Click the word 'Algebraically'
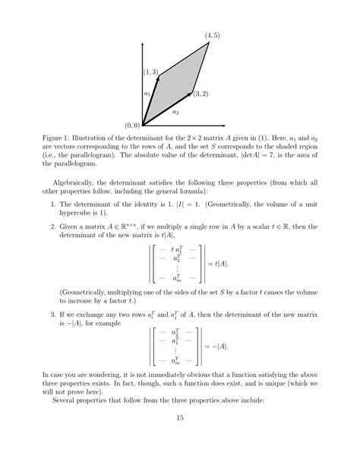77,184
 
